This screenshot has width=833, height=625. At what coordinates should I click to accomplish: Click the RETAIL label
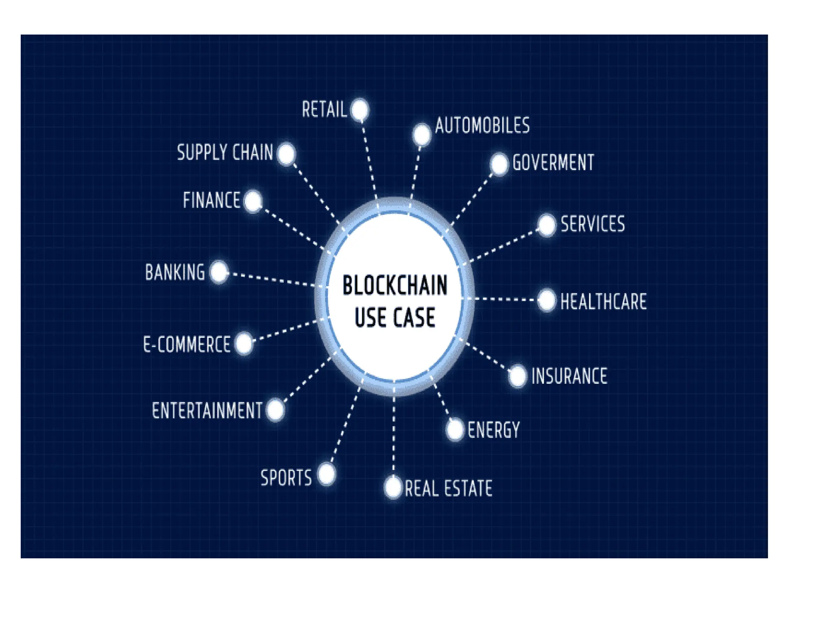[x=324, y=110]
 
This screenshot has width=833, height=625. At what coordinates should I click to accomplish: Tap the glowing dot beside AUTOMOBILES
[x=421, y=135]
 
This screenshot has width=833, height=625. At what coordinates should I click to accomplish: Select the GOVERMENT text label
[x=553, y=163]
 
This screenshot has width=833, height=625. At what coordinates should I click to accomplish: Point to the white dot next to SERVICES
[x=546, y=225]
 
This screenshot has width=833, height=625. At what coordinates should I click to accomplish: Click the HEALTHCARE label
[x=603, y=302]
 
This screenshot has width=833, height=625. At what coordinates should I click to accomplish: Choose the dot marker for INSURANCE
[x=517, y=376]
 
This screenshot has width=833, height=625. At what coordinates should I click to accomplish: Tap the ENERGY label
[x=493, y=430]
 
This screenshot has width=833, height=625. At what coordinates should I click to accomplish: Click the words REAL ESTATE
[x=448, y=488]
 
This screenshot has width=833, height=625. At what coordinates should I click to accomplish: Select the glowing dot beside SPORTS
[x=327, y=474]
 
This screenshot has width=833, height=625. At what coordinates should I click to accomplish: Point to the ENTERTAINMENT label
[x=207, y=410]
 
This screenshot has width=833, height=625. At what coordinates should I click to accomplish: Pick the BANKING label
[x=175, y=272]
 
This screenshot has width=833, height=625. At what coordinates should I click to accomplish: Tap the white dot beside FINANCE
[x=253, y=201]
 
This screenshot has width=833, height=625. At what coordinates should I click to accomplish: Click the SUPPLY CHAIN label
[x=225, y=153]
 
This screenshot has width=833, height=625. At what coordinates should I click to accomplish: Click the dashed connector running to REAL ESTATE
[x=394, y=435]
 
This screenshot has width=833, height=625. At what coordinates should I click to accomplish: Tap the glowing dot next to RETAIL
[x=360, y=110]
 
